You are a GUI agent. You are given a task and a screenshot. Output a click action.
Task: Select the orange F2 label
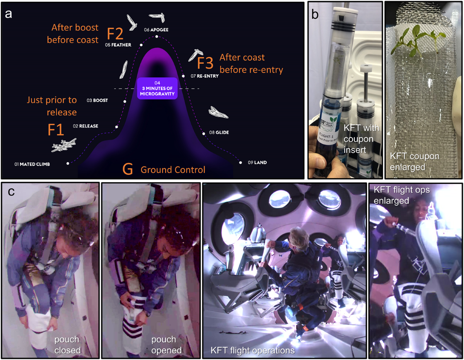tap(115, 34)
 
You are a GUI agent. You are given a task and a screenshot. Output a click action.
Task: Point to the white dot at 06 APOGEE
tap(157, 37)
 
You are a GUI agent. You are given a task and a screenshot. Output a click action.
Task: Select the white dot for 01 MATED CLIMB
tap(68, 164)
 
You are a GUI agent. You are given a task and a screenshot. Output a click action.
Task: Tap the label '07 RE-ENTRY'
tap(205, 76)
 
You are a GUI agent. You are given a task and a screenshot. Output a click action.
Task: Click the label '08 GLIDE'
tap(219, 133)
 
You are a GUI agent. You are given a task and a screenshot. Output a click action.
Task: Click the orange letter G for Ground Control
tap(128, 169)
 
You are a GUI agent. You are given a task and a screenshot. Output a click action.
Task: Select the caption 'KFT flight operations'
tap(252, 351)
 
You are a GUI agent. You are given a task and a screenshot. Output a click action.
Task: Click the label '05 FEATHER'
tap(118, 45)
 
